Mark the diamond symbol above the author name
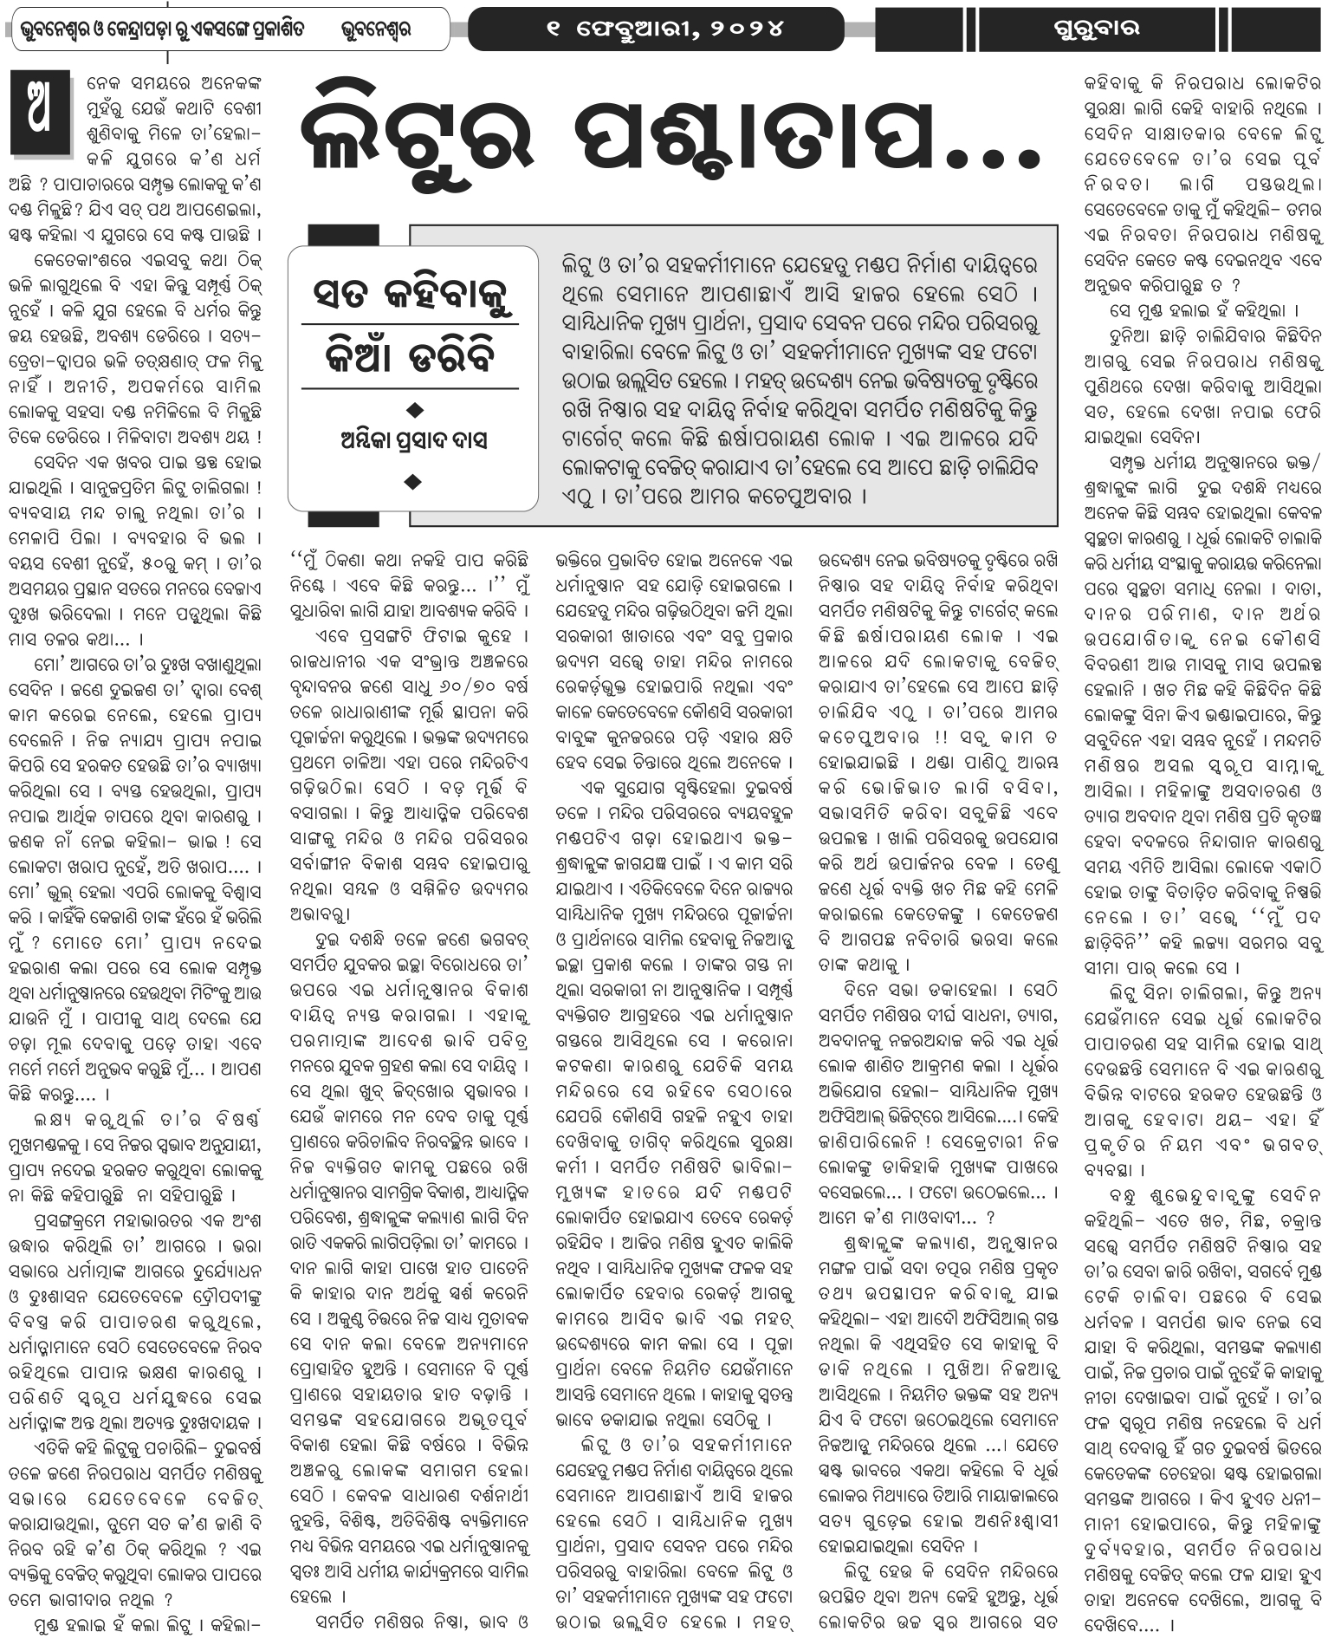(415, 407)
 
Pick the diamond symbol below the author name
(415, 479)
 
